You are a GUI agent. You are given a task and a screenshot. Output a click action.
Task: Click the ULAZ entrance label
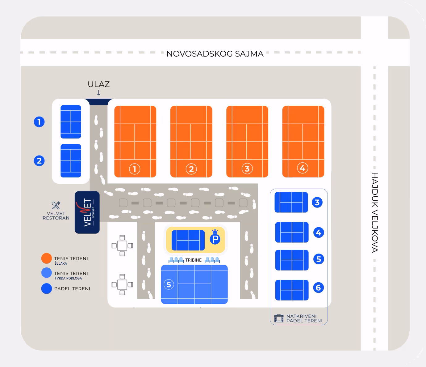98,84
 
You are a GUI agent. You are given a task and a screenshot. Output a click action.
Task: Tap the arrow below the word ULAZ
98,93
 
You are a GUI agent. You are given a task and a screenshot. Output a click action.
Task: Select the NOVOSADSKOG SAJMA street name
215,54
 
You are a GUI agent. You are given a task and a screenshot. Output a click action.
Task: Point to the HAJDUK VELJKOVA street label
375,212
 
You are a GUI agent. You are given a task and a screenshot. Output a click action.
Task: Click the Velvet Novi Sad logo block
87,212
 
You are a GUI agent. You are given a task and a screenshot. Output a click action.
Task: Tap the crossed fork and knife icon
56,205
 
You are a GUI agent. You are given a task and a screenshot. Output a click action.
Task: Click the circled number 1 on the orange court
135,169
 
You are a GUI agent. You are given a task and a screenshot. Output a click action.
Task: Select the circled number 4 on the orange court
303,168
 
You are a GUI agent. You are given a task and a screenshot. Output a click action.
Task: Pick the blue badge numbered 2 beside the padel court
39,161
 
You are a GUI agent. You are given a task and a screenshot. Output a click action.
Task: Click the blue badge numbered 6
319,288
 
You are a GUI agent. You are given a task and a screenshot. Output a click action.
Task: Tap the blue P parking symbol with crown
215,238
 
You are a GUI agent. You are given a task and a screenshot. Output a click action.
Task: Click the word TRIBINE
193,260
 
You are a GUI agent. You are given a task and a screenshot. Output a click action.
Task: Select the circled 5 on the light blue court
169,284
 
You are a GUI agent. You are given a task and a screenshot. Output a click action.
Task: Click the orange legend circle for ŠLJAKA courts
47,258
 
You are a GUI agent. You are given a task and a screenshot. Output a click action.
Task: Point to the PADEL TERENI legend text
72,289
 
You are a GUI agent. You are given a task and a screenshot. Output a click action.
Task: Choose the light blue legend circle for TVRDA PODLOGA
47,273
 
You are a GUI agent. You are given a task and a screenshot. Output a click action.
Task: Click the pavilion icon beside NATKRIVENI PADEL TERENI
279,318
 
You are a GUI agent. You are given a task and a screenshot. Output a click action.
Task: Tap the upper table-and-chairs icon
122,246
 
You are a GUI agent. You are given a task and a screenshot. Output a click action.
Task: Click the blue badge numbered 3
317,203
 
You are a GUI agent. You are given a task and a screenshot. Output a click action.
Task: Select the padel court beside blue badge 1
71,122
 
